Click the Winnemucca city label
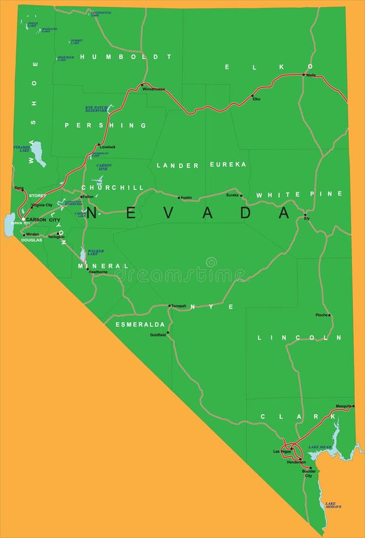tap(154, 89)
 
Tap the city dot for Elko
tap(252, 96)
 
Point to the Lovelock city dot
tap(99, 144)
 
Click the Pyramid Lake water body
tap(38, 153)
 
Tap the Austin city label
tap(186, 197)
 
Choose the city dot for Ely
tap(305, 215)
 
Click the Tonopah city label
tap(179, 305)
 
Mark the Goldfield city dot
tap(168, 332)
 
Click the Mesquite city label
tap(343, 406)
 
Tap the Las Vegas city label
tap(281, 451)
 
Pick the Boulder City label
tap(308, 473)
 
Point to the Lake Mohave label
tap(333, 505)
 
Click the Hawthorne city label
tap(98, 272)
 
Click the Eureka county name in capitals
tap(228, 164)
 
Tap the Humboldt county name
tap(125, 57)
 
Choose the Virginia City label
tap(42, 205)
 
